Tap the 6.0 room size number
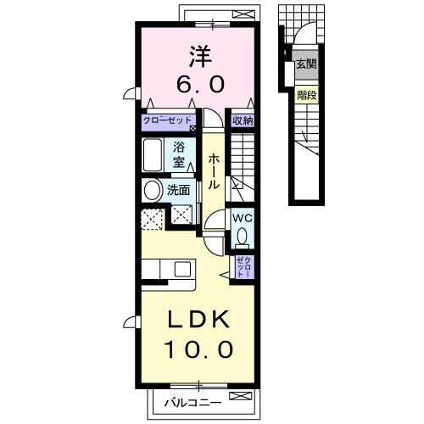click(x=201, y=84)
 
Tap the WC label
click(x=243, y=217)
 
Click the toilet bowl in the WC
click(x=243, y=237)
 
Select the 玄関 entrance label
click(x=305, y=65)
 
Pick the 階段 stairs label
click(x=306, y=96)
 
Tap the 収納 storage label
click(x=243, y=120)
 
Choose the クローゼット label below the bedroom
click(x=168, y=120)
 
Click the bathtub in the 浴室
click(x=155, y=156)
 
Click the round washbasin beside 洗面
click(x=153, y=192)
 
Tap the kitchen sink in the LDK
click(x=182, y=269)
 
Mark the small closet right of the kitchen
click(x=243, y=268)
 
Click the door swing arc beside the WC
click(x=215, y=227)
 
